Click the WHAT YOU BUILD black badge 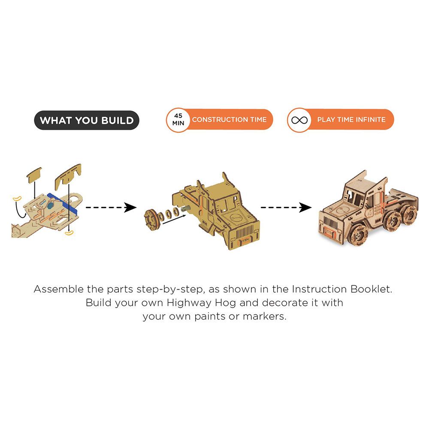[87, 120]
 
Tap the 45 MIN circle [178, 120]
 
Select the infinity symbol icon [299, 120]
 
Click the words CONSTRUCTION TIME [229, 120]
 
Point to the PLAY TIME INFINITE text [351, 120]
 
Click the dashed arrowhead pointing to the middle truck [130, 207]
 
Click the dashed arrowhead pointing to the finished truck [305, 207]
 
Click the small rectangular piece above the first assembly [34, 175]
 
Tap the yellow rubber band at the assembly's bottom [69, 233]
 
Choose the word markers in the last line [265, 317]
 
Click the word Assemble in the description [58, 289]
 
